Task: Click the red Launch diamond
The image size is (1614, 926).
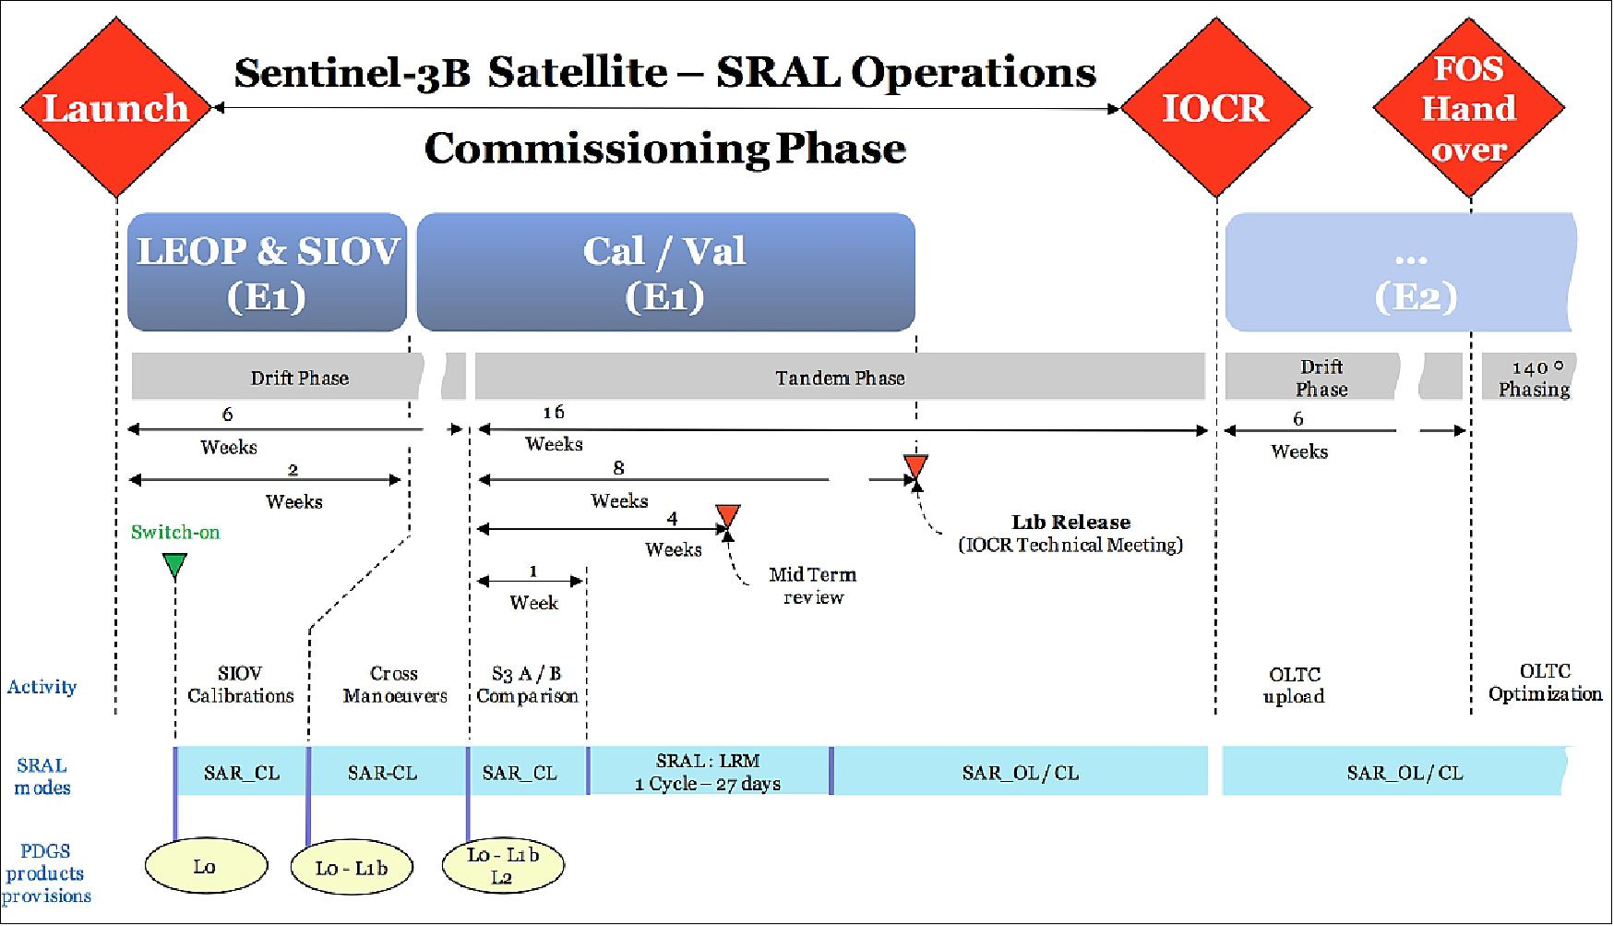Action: tap(116, 108)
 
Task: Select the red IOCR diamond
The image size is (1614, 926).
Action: tap(1215, 108)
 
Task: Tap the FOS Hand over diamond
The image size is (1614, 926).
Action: tap(1469, 108)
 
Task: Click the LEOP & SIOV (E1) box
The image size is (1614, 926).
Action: tap(267, 272)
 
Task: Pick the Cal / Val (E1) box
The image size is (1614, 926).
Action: tap(665, 272)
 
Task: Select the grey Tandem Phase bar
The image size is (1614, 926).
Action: tap(840, 377)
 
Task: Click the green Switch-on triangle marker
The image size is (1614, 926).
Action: tap(174, 564)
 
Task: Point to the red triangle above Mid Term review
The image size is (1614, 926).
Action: tap(728, 515)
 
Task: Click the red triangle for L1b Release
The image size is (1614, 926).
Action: tap(915, 465)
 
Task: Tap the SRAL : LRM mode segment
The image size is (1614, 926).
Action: tap(709, 772)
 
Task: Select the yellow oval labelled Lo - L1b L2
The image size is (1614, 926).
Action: tap(503, 866)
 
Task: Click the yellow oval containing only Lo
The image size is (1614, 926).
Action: tap(206, 866)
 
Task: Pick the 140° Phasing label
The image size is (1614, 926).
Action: tap(1534, 379)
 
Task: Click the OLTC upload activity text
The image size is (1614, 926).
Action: tap(1294, 685)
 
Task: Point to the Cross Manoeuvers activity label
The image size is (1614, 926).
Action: tap(394, 684)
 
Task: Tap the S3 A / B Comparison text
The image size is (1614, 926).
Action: tap(527, 684)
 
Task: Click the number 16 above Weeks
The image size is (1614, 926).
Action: tap(553, 412)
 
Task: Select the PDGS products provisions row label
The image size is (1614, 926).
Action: tap(46, 873)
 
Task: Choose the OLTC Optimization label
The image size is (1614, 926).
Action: tap(1545, 682)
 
